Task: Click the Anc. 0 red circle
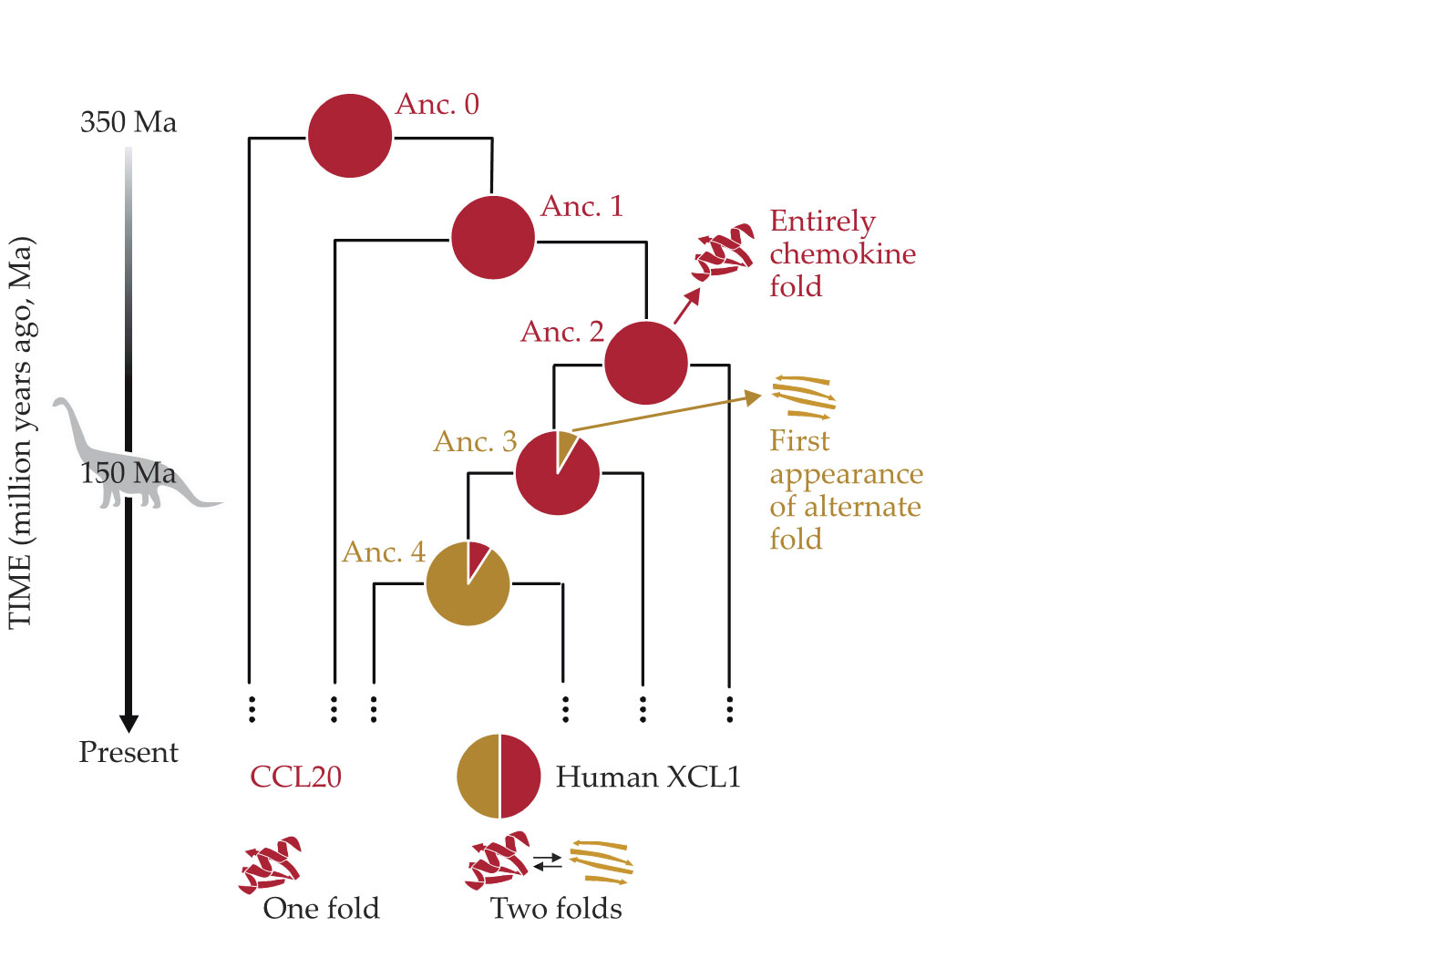350,136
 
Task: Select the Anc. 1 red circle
493,237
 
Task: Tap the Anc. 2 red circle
645,363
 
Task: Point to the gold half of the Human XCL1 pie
478,776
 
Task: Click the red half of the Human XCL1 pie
519,776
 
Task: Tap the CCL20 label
295,777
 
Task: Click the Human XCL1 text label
648,777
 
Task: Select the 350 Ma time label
129,122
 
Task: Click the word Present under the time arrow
129,752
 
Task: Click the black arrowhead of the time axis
129,722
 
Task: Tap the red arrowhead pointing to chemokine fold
694,295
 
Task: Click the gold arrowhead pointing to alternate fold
753,397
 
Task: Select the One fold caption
321,908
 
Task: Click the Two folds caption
556,908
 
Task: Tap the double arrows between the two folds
548,860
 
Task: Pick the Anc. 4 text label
384,552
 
